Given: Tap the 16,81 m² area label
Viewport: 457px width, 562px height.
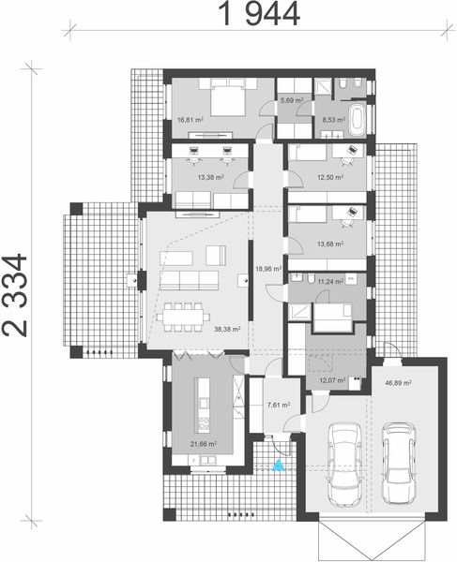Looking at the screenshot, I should pos(190,120).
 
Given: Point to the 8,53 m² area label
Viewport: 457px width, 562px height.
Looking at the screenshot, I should pos(334,120).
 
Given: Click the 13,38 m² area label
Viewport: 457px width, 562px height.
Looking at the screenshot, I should pos(209,176).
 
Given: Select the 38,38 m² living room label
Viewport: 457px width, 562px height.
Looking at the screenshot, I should pos(227,330).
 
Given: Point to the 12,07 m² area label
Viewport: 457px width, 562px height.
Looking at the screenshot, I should pos(334,380).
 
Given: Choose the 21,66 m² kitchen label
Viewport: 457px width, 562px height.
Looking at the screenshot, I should pos(204,443).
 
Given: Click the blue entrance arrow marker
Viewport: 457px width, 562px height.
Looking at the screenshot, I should pos(278,465).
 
